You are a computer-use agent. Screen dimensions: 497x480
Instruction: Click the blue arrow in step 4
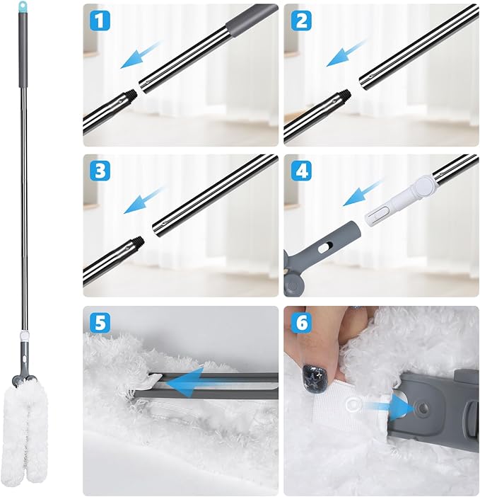pos(360,193)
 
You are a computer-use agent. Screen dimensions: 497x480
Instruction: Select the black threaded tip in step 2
pos(344,94)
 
